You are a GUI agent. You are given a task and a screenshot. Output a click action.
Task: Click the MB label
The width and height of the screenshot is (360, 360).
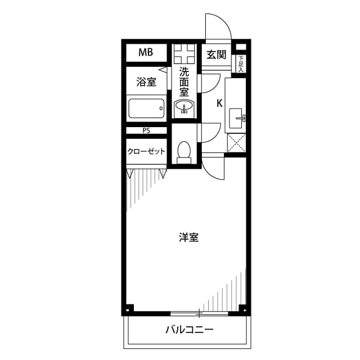pyautogui.click(x=146, y=53)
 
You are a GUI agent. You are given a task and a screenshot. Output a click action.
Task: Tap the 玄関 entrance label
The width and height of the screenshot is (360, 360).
pyautogui.click(x=216, y=55)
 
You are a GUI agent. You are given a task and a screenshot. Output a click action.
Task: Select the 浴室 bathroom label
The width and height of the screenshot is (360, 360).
pyautogui.click(x=146, y=82)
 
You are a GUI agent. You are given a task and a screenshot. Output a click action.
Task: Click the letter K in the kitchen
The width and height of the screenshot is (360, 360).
pyautogui.click(x=219, y=103)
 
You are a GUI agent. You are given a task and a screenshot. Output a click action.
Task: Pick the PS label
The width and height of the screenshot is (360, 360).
pyautogui.click(x=146, y=130)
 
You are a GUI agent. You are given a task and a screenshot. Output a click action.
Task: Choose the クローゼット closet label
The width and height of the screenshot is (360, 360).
pyautogui.click(x=146, y=151)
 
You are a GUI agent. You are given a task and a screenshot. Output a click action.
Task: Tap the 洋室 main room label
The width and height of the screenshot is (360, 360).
pyautogui.click(x=188, y=237)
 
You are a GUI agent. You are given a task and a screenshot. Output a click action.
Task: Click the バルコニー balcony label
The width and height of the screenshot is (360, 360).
pyautogui.click(x=189, y=330)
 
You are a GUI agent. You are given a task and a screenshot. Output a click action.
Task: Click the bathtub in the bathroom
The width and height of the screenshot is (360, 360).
pyautogui.click(x=146, y=108)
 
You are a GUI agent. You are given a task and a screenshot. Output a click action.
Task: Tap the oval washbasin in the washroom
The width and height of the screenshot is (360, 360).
pyautogui.click(x=184, y=106)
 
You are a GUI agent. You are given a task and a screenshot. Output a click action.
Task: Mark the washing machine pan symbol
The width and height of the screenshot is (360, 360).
pyautogui.click(x=184, y=54)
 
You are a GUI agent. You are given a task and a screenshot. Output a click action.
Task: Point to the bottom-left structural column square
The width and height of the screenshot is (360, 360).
pyautogui.click(x=129, y=308)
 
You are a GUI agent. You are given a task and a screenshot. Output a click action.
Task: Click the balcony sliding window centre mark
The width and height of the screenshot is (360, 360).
pyautogui.click(x=199, y=313)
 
